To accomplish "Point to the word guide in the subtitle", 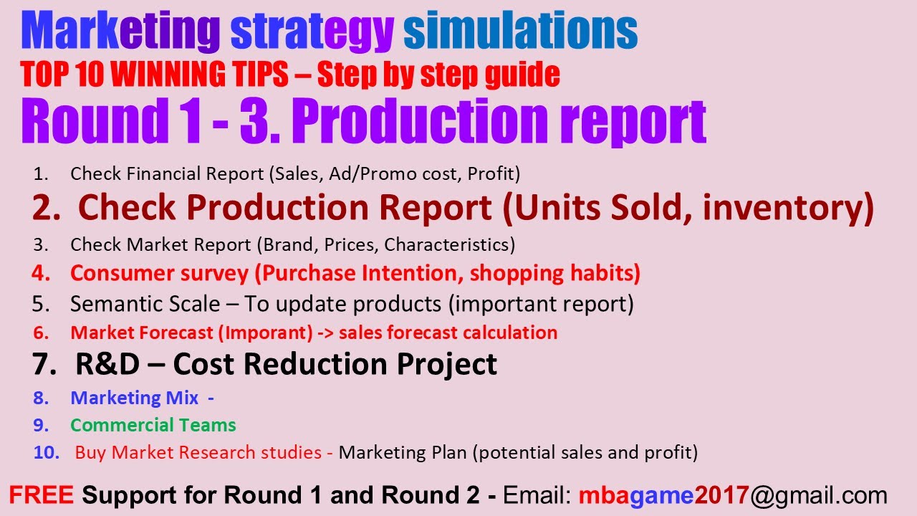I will point(520,75).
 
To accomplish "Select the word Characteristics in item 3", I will point(449,244).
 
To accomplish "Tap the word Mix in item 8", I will point(183,398).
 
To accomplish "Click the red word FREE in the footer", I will point(41,495).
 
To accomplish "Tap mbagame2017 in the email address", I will point(663,495).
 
